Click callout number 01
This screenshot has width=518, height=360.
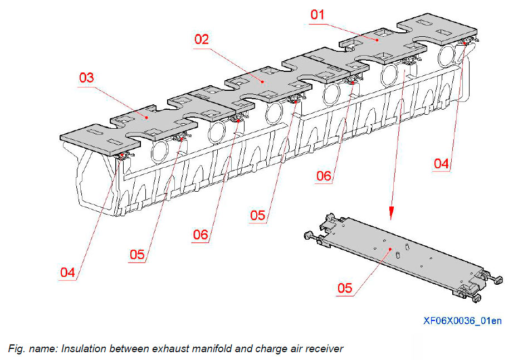point(317,14)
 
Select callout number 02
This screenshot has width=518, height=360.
point(202,40)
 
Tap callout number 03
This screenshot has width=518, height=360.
point(86,77)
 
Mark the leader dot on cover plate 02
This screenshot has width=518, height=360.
point(262,81)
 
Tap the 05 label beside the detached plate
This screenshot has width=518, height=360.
point(345,288)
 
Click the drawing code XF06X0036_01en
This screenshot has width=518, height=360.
point(462,320)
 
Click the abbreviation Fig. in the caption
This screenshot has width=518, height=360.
point(16,349)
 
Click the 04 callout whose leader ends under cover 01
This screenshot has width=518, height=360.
point(441,163)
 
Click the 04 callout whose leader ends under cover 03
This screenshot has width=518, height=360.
point(67,273)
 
